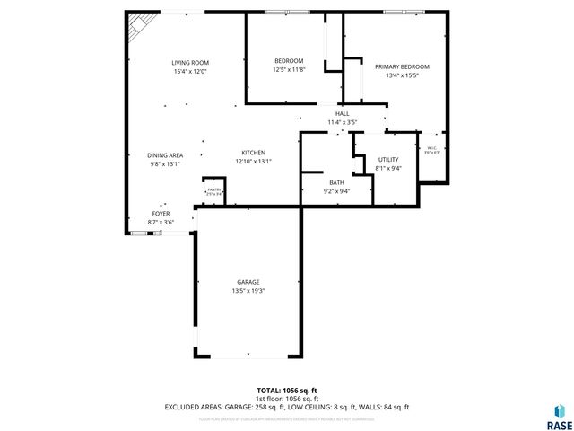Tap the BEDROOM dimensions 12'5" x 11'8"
pyautogui.click(x=289, y=70)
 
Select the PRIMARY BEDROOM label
pyautogui.click(x=402, y=66)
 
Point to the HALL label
pyautogui.click(x=342, y=113)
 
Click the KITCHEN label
pyautogui.click(x=252, y=153)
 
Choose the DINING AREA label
pyautogui.click(x=165, y=155)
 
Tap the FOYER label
pyautogui.click(x=161, y=213)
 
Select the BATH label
pyautogui.click(x=336, y=182)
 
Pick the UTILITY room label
pyautogui.click(x=388, y=159)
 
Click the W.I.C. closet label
pyautogui.click(x=431, y=149)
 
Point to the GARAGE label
pyautogui.click(x=248, y=282)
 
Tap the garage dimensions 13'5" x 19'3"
pyautogui.click(x=248, y=291)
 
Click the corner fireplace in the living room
pyautogui.click(x=137, y=26)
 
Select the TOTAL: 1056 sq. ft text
pyautogui.click(x=287, y=391)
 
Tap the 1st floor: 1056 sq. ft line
pyautogui.click(x=287, y=399)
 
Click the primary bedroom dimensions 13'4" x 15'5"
pyautogui.click(x=402, y=75)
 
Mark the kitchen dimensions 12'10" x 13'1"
pyautogui.click(x=252, y=162)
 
